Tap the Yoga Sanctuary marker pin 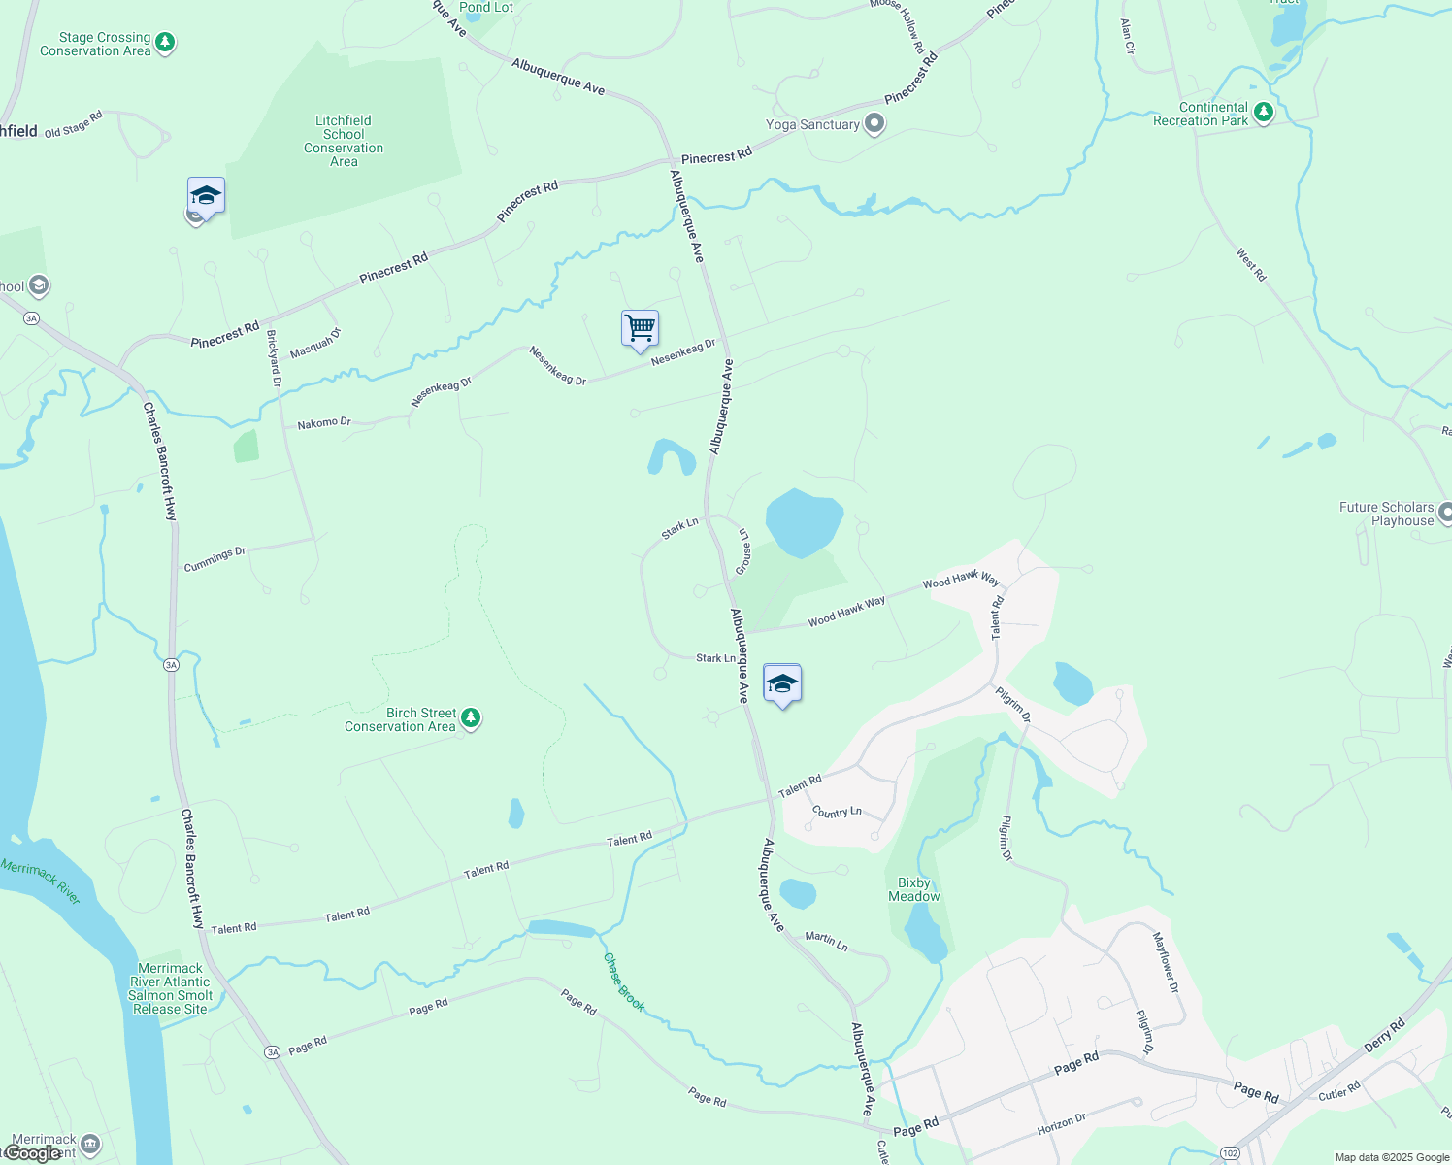click(x=874, y=124)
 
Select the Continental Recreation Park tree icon click(x=1263, y=113)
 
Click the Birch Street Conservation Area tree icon click(x=471, y=718)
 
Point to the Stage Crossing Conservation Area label click(x=96, y=45)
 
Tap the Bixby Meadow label click(x=914, y=890)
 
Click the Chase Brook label click(x=624, y=982)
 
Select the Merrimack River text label click(x=41, y=881)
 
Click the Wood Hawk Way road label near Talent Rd click(x=961, y=580)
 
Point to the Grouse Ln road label click(x=743, y=551)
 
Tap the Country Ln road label click(x=837, y=812)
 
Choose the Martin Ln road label click(x=826, y=940)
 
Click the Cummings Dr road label click(x=214, y=559)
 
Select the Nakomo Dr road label click(x=324, y=423)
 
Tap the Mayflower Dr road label click(x=1166, y=962)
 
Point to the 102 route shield click(x=1231, y=1153)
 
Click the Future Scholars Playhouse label click(x=1386, y=514)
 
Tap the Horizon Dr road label click(x=1061, y=1124)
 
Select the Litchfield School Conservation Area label click(x=344, y=142)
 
